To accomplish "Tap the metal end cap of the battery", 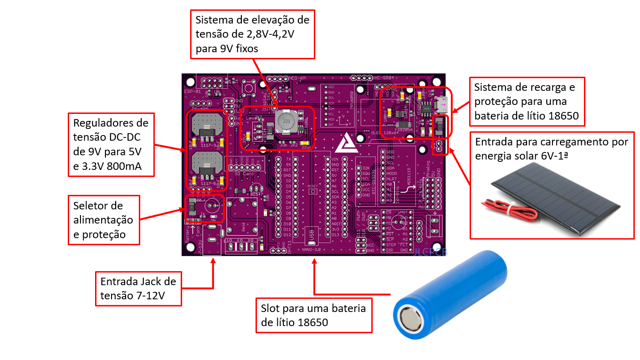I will tap(410, 322).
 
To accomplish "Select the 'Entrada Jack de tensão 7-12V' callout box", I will tap(138, 288).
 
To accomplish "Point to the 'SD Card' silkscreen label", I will tap(244, 174).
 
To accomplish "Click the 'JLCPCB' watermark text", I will tap(431, 252).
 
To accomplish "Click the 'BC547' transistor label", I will tap(257, 193).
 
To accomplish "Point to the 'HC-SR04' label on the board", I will tap(384, 77).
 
